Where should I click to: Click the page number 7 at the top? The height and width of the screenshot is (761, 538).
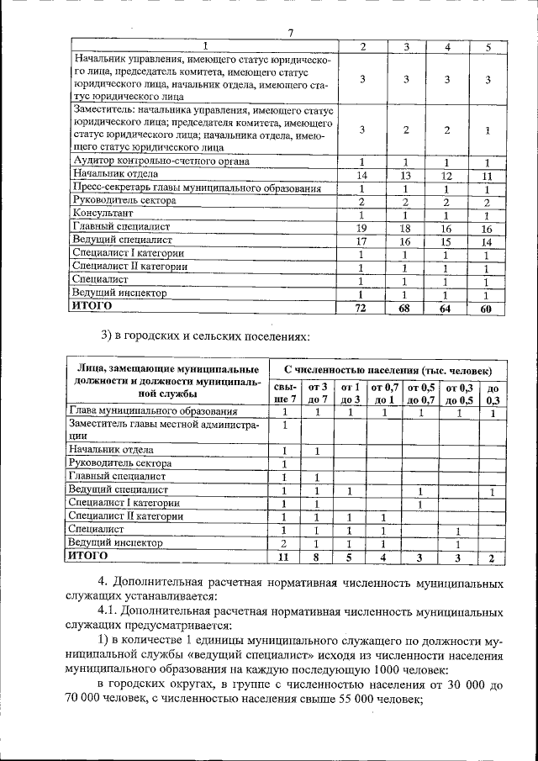pyautogui.click(x=290, y=33)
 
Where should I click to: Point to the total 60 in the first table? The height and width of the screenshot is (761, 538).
pyautogui.click(x=487, y=309)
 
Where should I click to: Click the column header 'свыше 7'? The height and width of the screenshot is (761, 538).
pyautogui.click(x=286, y=393)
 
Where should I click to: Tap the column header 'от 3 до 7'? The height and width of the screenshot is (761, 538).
pyautogui.click(x=318, y=393)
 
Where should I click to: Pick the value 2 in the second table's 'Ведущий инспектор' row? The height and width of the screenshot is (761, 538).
pyautogui.click(x=286, y=543)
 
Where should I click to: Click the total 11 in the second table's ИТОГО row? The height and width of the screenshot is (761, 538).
pyautogui.click(x=286, y=557)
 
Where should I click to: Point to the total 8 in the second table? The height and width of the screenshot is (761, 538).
pyautogui.click(x=318, y=557)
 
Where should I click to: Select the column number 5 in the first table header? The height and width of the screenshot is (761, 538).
pyautogui.click(x=487, y=45)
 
